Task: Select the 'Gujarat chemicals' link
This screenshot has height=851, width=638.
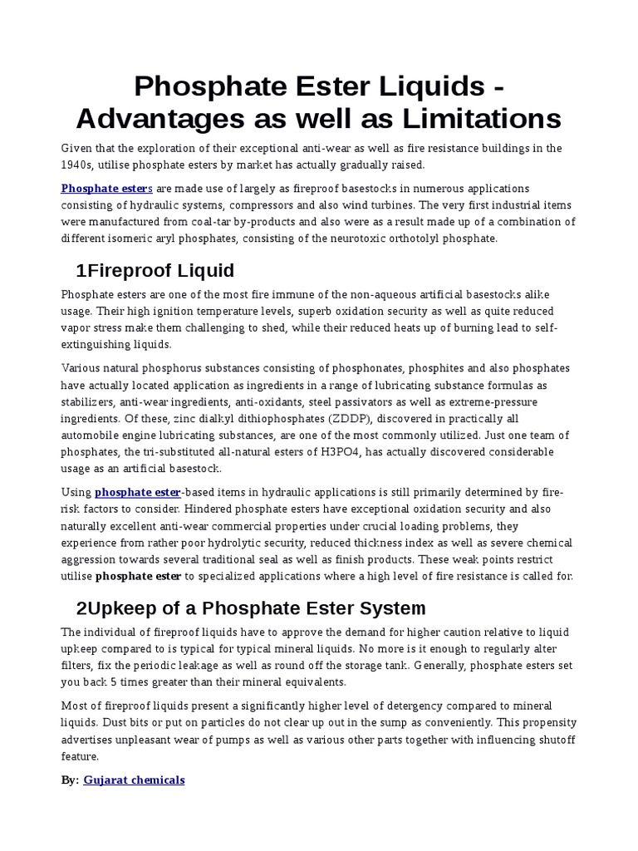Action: (x=134, y=780)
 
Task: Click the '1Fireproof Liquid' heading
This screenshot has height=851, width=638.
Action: (x=155, y=270)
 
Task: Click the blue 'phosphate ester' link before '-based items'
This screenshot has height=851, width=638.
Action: (x=137, y=493)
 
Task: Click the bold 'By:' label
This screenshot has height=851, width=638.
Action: (x=70, y=780)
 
